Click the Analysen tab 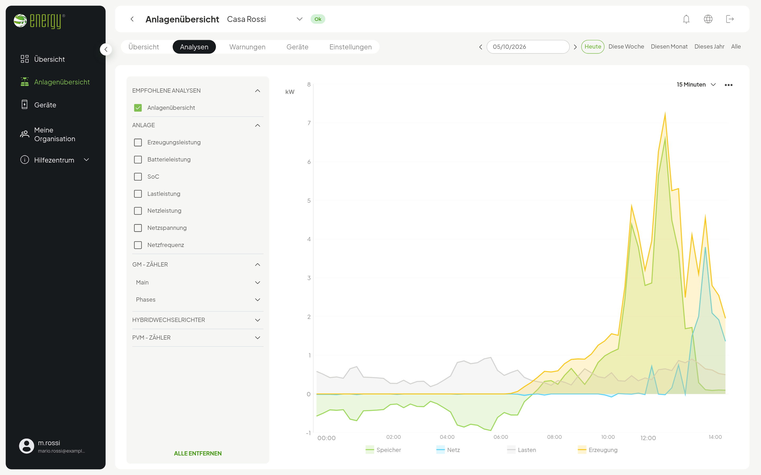click(194, 47)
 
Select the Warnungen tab click(247, 47)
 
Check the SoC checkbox click(138, 177)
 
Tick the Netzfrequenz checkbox click(138, 245)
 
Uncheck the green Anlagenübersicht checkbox click(138, 108)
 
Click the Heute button click(592, 46)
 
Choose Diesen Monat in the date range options click(669, 46)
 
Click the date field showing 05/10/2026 click(528, 47)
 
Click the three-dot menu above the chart click(728, 85)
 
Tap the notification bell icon click(686, 19)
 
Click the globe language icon click(708, 19)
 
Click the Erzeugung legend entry click(597, 450)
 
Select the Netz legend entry click(448, 450)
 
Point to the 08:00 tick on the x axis click(554, 437)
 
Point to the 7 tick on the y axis click(309, 123)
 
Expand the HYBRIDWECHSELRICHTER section click(197, 320)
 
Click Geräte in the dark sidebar click(45, 105)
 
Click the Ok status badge click(318, 19)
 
